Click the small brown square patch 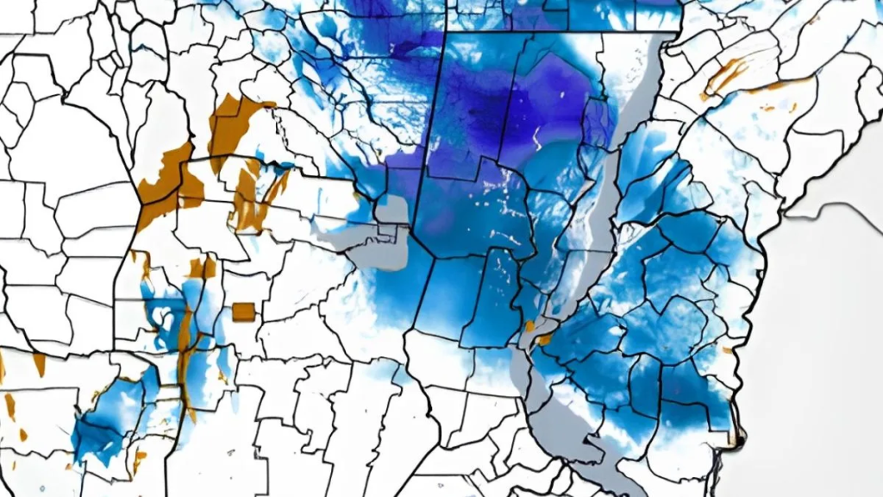click(x=243, y=311)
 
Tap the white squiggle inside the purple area click(x=536, y=138)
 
